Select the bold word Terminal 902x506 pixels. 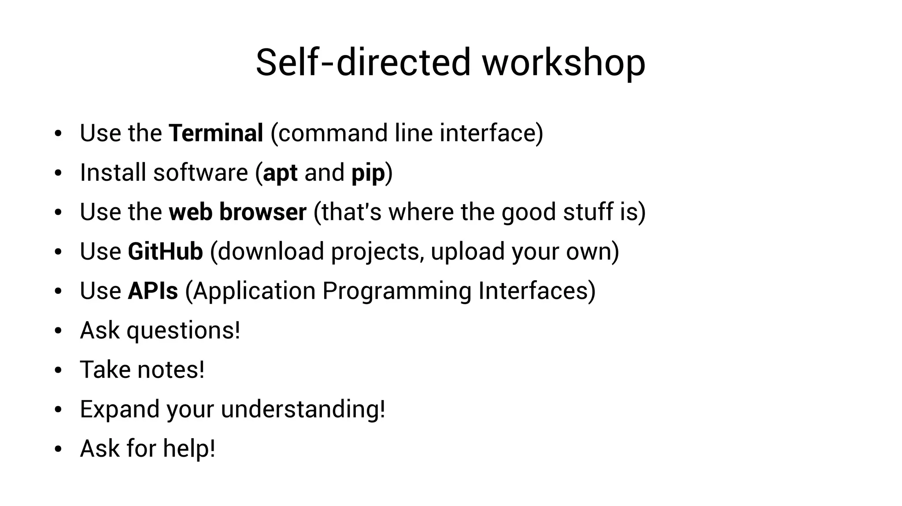point(216,133)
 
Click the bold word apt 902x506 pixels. point(280,172)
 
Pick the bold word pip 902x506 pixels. point(368,172)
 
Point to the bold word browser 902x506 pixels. point(262,212)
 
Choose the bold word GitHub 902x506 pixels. point(165,251)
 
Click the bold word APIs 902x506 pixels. point(153,291)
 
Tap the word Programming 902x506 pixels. point(396,291)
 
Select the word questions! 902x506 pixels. point(183,330)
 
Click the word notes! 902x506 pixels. point(171,370)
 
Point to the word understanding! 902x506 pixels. point(303,409)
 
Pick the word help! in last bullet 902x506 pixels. point(189,448)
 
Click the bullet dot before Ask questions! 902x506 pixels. point(58,331)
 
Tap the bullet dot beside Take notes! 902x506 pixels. point(58,370)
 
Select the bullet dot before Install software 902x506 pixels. point(58,173)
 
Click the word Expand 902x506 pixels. point(119,409)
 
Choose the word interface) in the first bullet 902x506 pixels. point(491,133)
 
